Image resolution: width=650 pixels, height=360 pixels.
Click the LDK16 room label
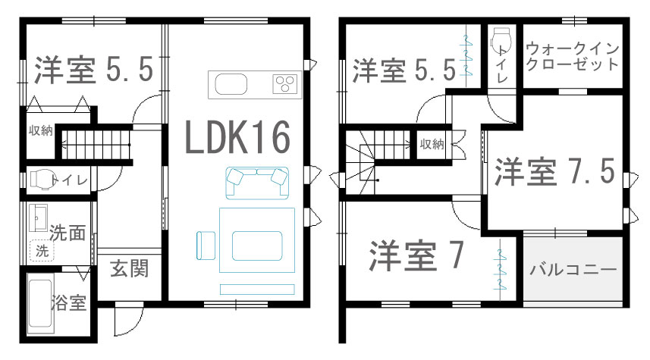click(x=237, y=139)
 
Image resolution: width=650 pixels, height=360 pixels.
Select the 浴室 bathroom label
click(x=68, y=304)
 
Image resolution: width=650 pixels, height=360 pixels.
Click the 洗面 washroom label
click(x=67, y=232)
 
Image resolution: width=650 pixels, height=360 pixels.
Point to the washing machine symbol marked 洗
click(x=40, y=250)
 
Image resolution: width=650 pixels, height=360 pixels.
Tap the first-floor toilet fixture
click(x=42, y=180)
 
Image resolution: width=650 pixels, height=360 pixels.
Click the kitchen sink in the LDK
click(x=231, y=83)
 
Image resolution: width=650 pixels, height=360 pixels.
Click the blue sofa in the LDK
click(x=258, y=179)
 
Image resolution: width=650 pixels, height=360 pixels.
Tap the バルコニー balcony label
click(x=573, y=269)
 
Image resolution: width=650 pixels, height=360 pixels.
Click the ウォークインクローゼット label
click(x=573, y=57)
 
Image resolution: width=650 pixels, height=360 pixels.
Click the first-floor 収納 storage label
click(x=41, y=130)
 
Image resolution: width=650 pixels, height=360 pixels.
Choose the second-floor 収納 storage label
click(x=432, y=144)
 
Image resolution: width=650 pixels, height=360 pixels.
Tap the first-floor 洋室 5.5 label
click(x=94, y=70)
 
